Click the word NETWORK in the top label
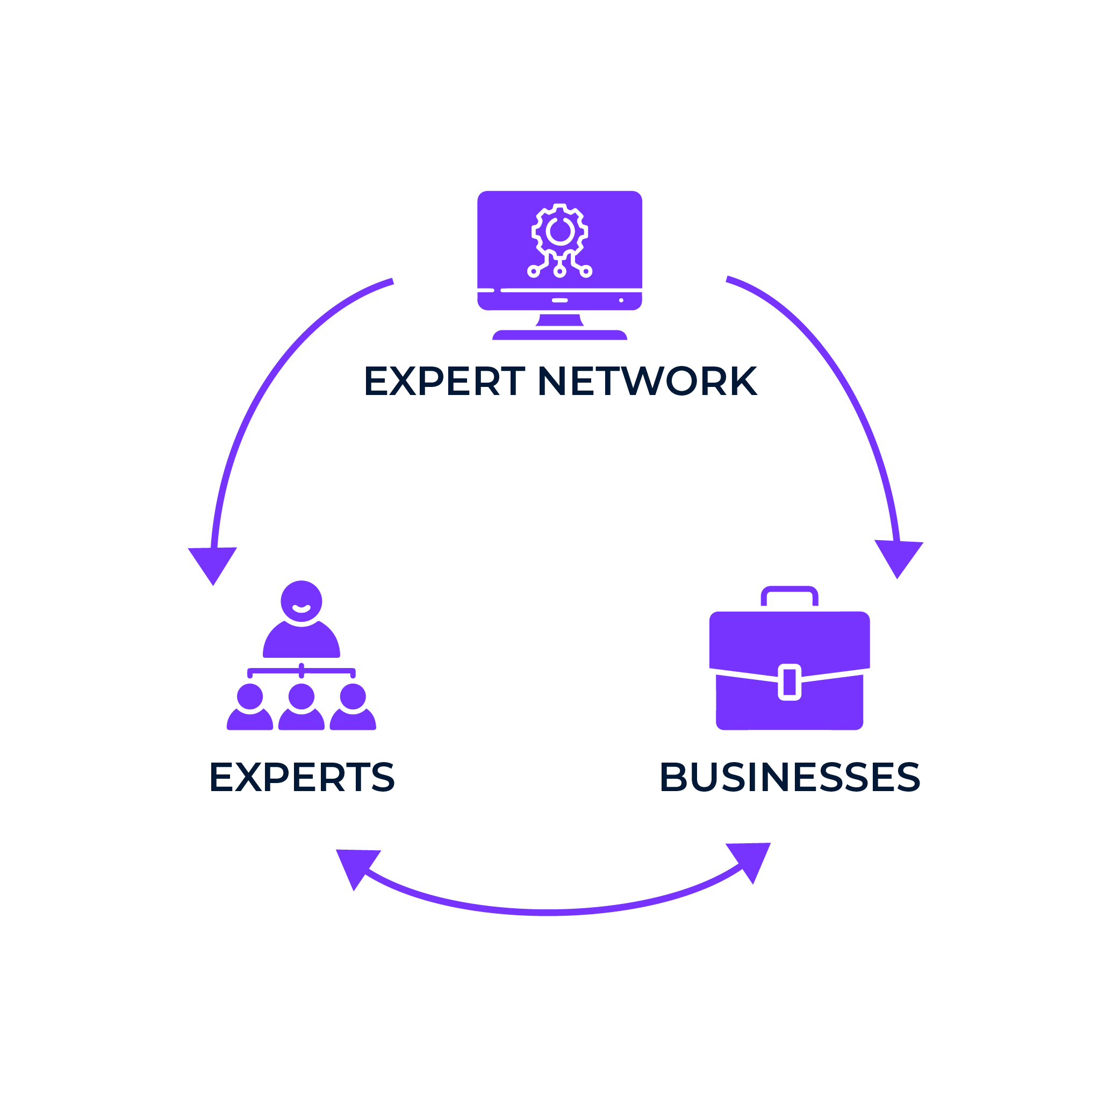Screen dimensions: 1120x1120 [647, 381]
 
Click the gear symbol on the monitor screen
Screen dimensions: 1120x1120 [559, 232]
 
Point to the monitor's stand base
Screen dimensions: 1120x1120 [559, 334]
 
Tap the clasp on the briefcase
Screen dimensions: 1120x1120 [789, 682]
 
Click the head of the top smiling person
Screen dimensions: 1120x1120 [301, 601]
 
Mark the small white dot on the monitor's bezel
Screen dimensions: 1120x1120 [621, 300]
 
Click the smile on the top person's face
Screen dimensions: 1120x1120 [301, 608]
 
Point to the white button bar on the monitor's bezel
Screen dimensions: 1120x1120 [559, 300]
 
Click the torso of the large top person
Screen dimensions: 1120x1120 [301, 642]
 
